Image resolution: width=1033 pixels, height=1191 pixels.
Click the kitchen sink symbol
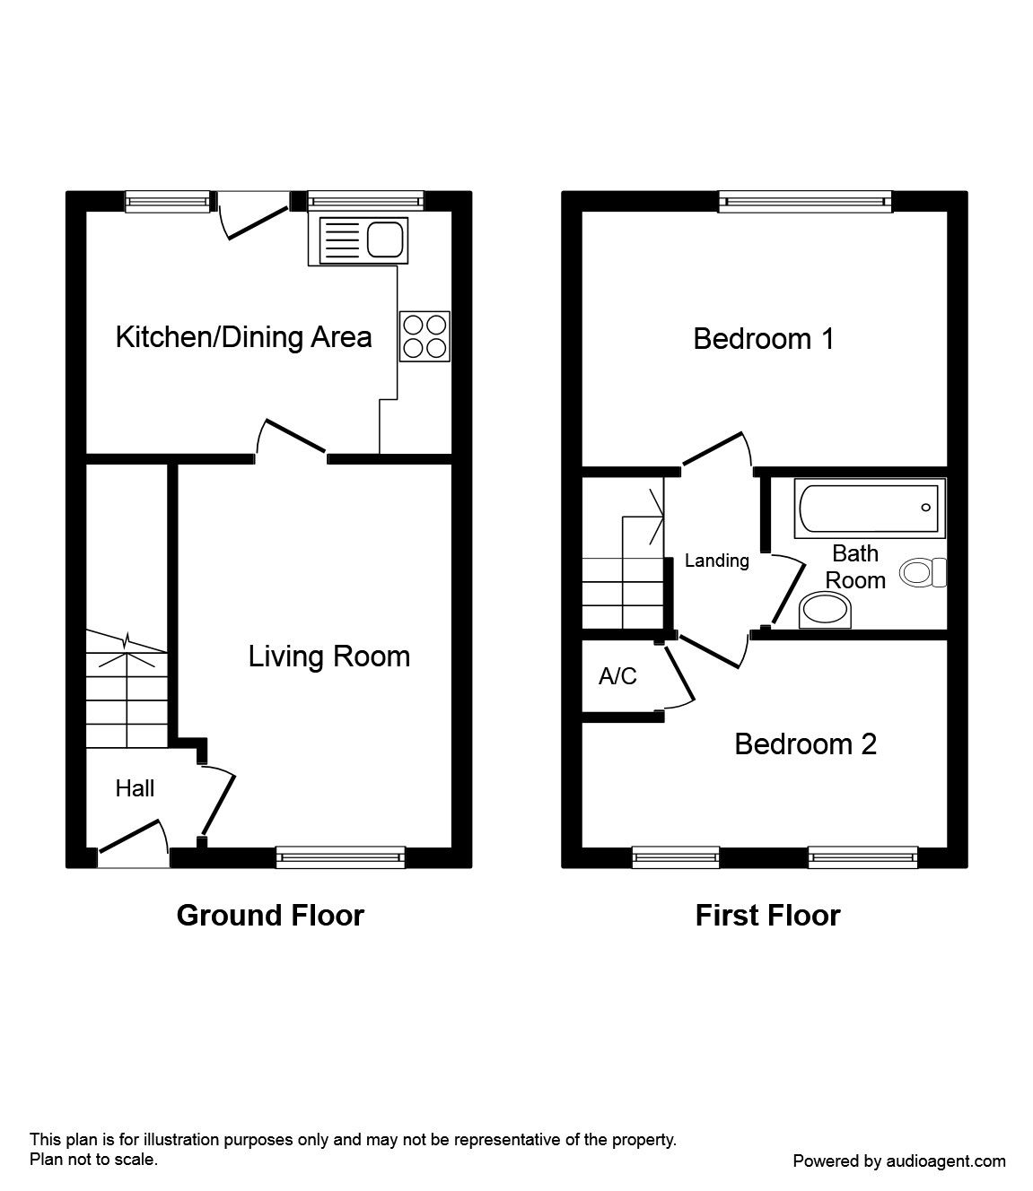pos(357,240)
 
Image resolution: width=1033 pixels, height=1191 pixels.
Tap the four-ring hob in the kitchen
pos(425,336)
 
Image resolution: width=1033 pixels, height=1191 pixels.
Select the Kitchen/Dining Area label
pos(243,337)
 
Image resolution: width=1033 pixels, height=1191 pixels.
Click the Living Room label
pos(328,656)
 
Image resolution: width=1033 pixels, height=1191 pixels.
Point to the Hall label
pos(135,788)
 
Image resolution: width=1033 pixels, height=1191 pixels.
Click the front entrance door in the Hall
pos(133,843)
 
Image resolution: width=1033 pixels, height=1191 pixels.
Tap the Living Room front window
pos(340,858)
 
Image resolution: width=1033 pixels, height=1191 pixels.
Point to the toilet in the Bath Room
pos(924,571)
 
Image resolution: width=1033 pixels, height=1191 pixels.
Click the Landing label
pos(716,561)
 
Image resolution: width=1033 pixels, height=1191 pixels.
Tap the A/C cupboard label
pos(617,676)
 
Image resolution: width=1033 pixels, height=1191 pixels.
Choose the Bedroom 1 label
pos(764,339)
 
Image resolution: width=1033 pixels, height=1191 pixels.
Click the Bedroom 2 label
pos(805,744)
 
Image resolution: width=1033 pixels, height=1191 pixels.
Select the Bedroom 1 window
pos(805,203)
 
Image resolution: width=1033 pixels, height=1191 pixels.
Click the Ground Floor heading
pos(270,915)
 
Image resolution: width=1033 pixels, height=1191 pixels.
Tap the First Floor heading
pos(767,915)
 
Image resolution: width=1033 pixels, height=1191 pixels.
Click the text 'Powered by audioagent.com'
pos(899,1161)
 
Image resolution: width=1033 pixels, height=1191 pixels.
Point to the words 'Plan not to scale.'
pos(94,1159)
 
